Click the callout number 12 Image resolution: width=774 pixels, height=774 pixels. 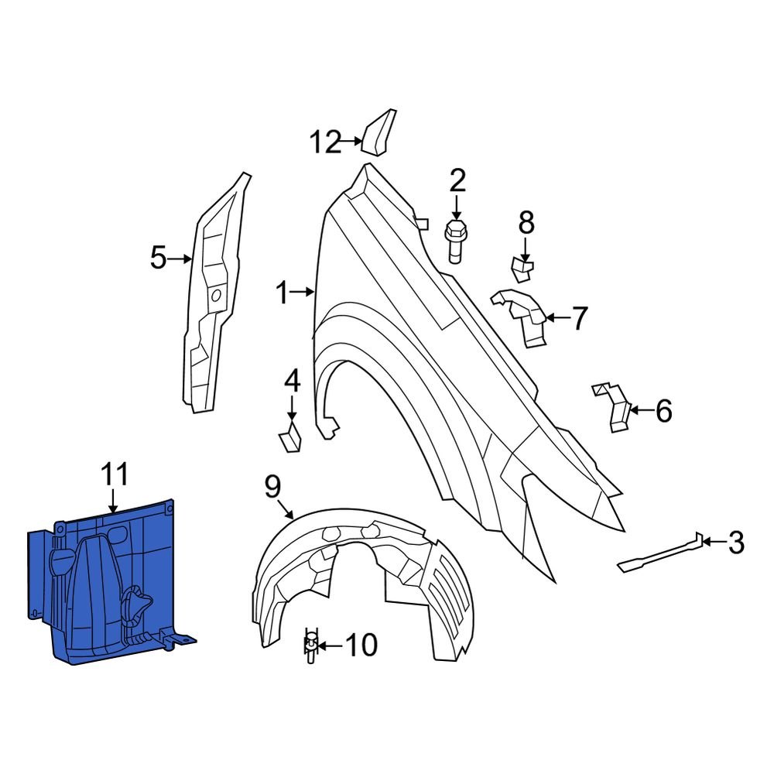pyautogui.click(x=325, y=142)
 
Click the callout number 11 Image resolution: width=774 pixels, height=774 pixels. pyautogui.click(x=114, y=474)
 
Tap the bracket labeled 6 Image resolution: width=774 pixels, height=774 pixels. pyautogui.click(x=615, y=406)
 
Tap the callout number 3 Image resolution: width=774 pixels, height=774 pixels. pyautogui.click(x=735, y=543)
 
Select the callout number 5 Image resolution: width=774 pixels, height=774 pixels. pyautogui.click(x=158, y=258)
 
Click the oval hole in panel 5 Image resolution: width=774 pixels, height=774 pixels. pyautogui.click(x=216, y=295)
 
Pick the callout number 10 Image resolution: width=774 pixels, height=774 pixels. pyautogui.click(x=360, y=645)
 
